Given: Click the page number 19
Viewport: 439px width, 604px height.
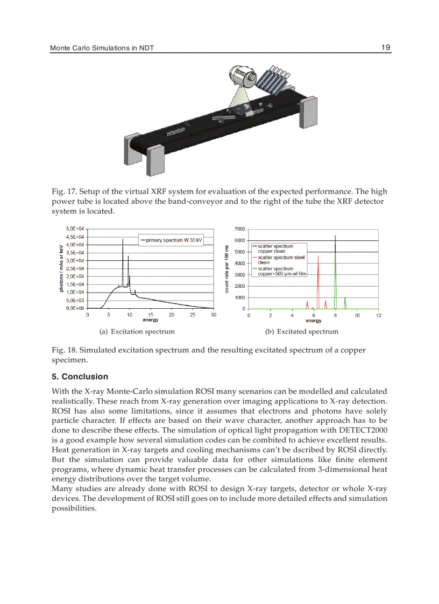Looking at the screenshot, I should point(386,47).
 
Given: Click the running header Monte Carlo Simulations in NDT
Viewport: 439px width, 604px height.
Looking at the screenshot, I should point(102,48).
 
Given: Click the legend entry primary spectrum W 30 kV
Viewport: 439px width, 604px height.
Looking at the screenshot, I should point(171,240).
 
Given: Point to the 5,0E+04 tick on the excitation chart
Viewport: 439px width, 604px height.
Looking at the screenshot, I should point(75,229).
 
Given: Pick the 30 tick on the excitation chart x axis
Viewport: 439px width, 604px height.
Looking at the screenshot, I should point(213,315).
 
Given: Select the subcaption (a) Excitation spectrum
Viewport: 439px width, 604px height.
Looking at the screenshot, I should point(134,331).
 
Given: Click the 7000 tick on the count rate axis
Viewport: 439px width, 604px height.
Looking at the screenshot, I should point(240,229).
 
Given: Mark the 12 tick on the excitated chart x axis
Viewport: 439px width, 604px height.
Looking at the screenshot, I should point(379,315).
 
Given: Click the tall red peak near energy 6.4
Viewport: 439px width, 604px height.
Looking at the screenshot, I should point(318,258).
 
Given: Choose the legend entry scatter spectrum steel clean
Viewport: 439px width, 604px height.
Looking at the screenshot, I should point(281,260).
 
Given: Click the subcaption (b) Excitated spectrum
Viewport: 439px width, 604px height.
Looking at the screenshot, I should point(302,331).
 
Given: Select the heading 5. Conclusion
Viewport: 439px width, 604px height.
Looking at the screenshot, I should point(80,376).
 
